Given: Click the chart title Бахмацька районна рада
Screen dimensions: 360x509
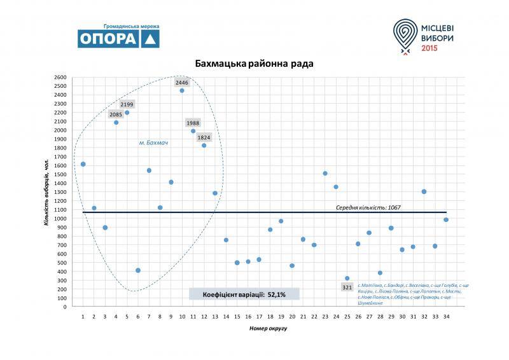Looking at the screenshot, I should click(254, 64).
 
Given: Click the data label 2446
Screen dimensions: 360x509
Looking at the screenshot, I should click(182, 83).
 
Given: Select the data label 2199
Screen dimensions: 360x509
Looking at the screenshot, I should click(127, 104).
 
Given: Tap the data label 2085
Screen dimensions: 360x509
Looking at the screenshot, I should click(116, 114).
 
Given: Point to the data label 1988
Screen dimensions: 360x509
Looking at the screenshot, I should click(193, 123).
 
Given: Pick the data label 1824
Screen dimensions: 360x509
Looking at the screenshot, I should click(204, 137).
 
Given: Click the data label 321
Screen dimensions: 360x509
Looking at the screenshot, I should click(347, 287).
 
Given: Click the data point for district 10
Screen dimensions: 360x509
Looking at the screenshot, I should click(182, 90).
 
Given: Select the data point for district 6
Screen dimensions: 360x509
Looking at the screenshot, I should click(138, 270).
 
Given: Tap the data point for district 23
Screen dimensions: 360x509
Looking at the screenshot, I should click(325, 173).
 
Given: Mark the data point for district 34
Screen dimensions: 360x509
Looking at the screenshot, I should click(446, 219).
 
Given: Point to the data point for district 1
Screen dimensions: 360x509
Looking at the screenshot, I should click(83, 164).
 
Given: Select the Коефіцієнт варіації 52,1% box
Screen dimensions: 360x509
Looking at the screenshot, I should click(244, 294).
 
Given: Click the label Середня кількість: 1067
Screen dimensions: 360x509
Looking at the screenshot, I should click(368, 207).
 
